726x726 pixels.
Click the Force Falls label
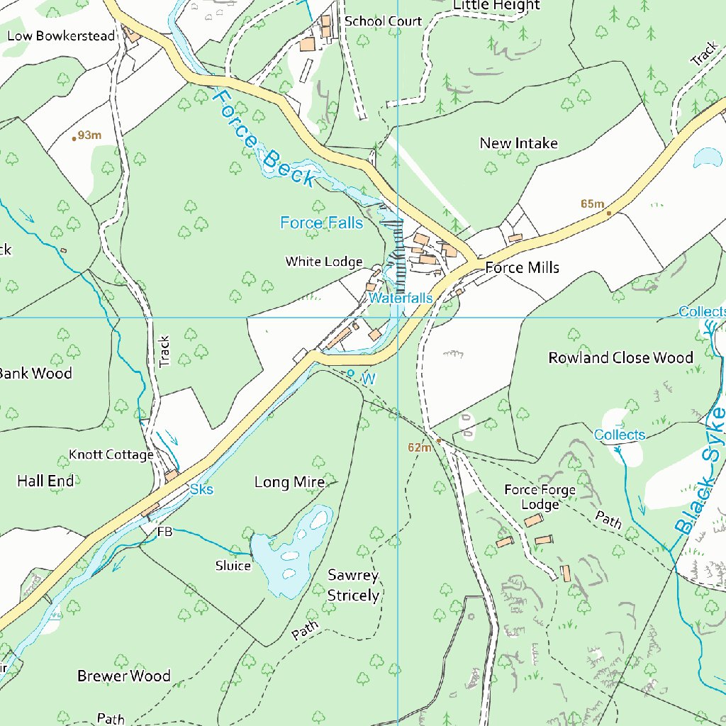[x=321, y=223]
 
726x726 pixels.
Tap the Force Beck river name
[x=263, y=139]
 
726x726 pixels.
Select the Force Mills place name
[x=522, y=267]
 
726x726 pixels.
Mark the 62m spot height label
[x=420, y=447]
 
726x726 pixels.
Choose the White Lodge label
[x=323, y=262]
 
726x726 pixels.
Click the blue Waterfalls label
[x=400, y=298]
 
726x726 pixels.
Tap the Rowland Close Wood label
[x=620, y=357]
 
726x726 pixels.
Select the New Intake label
[x=518, y=143]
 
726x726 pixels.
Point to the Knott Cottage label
[x=111, y=454]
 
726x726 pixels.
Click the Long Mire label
[x=289, y=482]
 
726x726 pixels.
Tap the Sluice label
[x=233, y=566]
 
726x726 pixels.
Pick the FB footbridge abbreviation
[x=164, y=531]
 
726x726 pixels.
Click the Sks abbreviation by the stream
[x=201, y=489]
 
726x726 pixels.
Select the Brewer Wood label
[x=123, y=676]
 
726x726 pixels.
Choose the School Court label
[x=383, y=21]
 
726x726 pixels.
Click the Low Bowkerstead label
[x=61, y=35]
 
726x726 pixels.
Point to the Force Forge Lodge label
[x=540, y=496]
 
